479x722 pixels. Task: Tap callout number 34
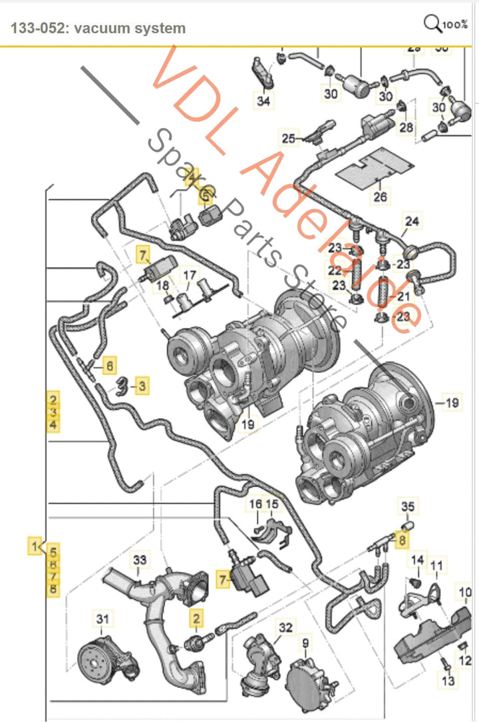pyautogui.click(x=264, y=101)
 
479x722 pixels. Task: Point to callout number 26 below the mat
pyautogui.click(x=379, y=196)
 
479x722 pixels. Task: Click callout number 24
pyautogui.click(x=412, y=221)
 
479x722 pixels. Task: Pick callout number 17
pyautogui.click(x=190, y=275)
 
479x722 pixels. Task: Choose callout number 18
pyautogui.click(x=161, y=286)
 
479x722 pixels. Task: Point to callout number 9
pyautogui.click(x=306, y=644)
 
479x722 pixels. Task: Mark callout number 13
pyautogui.click(x=447, y=680)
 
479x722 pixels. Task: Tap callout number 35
pyautogui.click(x=408, y=507)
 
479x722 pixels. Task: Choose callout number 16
pyautogui.click(x=256, y=504)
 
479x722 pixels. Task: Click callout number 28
pyautogui.click(x=406, y=127)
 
